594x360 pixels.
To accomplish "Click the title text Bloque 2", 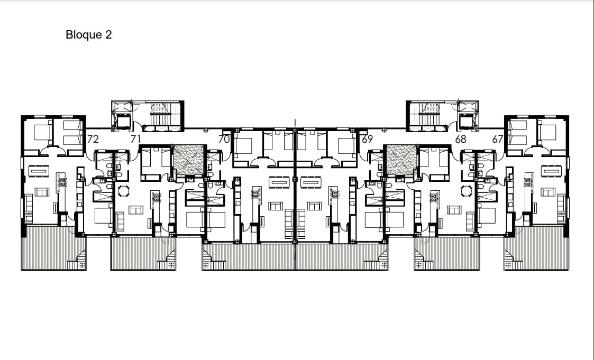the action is (89, 34).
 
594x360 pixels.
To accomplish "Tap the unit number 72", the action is (93, 140).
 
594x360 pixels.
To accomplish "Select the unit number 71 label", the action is (135, 140).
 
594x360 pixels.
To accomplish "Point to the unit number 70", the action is (224, 140).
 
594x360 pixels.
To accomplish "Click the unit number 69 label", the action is (367, 140).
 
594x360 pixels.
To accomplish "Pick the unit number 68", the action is (460, 140).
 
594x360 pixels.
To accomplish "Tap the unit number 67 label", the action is (497, 140).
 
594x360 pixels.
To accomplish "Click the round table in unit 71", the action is (123, 191).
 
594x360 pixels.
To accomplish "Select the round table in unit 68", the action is (467, 191).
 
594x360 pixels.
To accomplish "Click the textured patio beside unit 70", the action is (189, 160).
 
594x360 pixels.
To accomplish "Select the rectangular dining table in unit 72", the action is (37, 171).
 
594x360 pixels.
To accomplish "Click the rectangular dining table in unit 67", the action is (552, 171).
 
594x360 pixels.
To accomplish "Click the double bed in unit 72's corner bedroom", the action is (42, 132).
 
